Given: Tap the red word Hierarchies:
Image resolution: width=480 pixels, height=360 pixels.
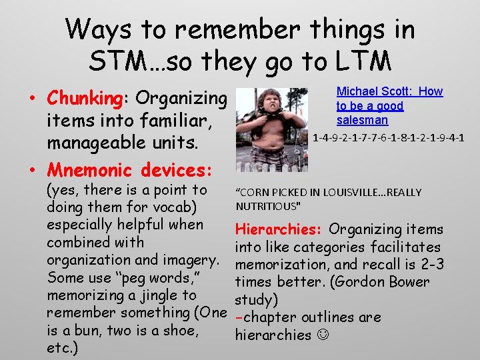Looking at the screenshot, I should point(279,230).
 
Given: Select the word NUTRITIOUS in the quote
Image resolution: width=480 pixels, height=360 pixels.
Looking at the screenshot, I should point(267,206).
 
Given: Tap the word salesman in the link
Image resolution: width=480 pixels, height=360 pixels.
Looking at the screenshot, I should point(362,121).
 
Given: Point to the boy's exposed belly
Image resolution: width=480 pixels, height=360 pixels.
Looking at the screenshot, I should point(270,143).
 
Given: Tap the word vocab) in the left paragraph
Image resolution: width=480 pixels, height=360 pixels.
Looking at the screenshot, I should point(190,208).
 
